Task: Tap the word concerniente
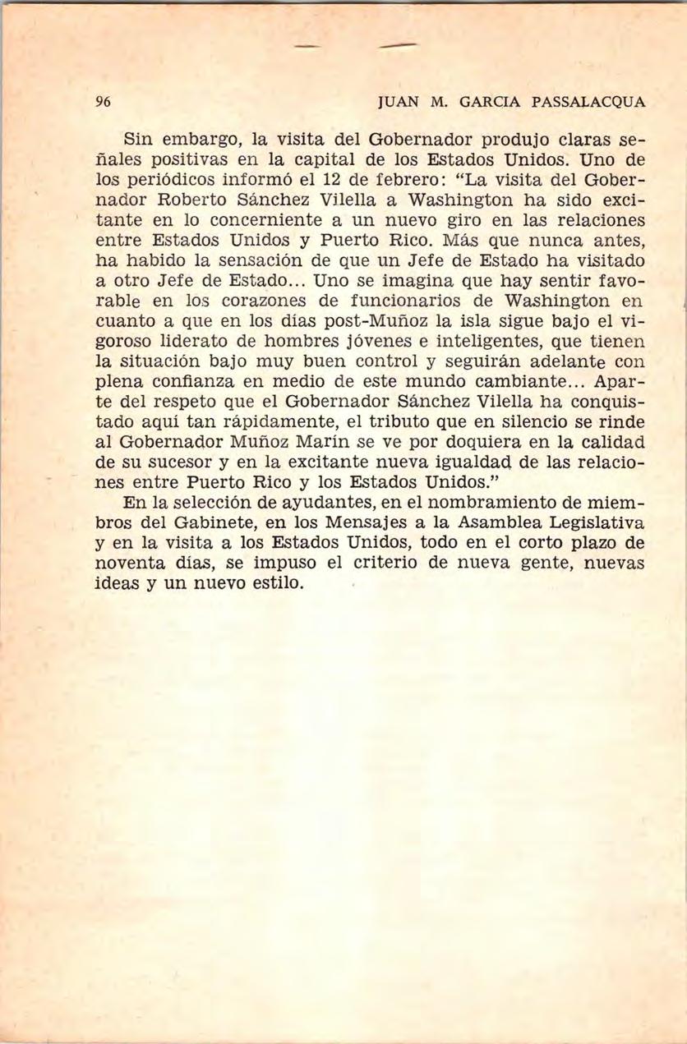click(263, 220)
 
